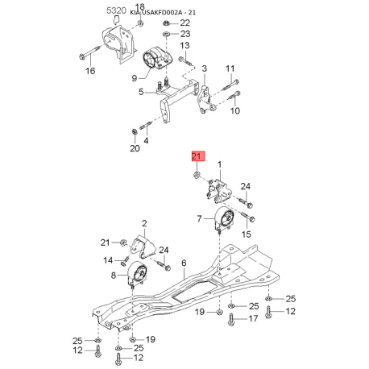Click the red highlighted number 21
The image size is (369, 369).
[197, 156]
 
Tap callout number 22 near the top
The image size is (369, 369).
[184, 23]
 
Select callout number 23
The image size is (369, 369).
[185, 34]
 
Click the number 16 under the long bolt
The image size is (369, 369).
[90, 71]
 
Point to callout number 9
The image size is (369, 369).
[135, 78]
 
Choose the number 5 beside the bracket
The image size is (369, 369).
[141, 92]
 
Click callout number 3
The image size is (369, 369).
[205, 68]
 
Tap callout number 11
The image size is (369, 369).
[230, 68]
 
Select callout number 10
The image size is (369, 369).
[235, 110]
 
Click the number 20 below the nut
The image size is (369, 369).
[135, 148]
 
